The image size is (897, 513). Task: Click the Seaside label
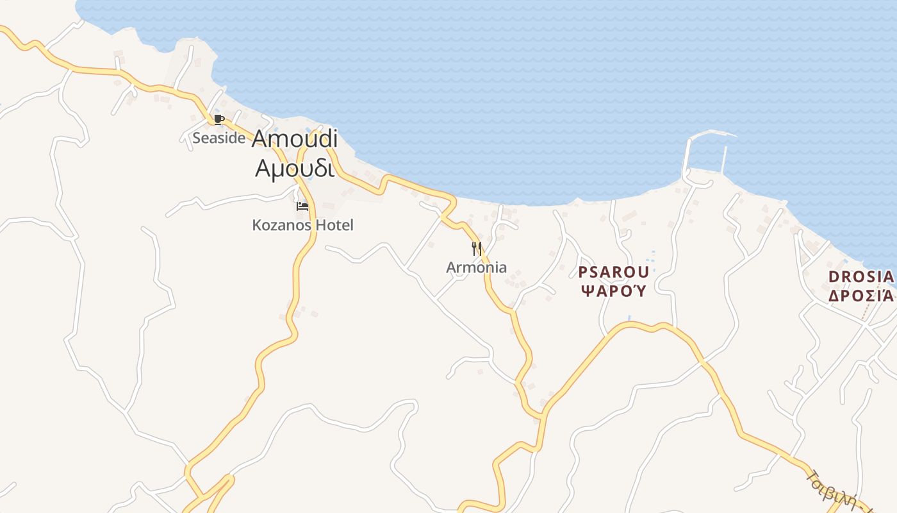pyautogui.click(x=219, y=138)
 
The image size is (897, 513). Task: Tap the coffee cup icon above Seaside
pyautogui.click(x=218, y=119)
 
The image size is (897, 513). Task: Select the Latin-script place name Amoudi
pyautogui.click(x=295, y=139)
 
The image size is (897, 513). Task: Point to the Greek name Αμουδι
pyautogui.click(x=295, y=168)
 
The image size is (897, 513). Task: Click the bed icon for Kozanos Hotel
pyautogui.click(x=302, y=206)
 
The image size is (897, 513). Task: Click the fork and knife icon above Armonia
pyautogui.click(x=477, y=248)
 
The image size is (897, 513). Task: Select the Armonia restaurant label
pyautogui.click(x=476, y=267)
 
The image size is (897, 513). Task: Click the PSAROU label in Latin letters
pyautogui.click(x=614, y=272)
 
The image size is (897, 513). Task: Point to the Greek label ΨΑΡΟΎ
pyautogui.click(x=614, y=290)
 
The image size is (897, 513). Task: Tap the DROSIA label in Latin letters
pyautogui.click(x=860, y=277)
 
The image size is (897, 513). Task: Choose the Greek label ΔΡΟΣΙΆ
pyautogui.click(x=860, y=296)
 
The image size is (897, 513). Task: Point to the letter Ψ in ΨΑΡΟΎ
pyautogui.click(x=586, y=290)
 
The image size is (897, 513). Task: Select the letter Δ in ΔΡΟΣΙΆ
pyautogui.click(x=834, y=296)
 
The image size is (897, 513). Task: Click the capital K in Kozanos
pyautogui.click(x=257, y=225)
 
